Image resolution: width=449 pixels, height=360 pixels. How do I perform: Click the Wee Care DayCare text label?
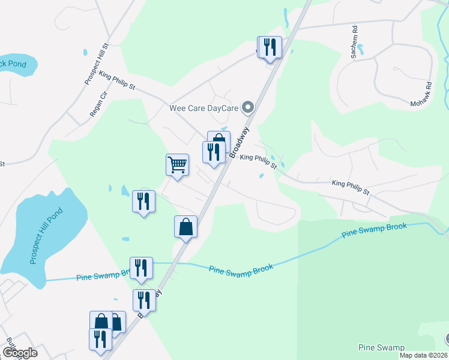(x=203, y=109)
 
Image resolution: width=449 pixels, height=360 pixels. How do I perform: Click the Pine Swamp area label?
(x=381, y=347)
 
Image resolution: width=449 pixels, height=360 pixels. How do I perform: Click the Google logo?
(x=19, y=353)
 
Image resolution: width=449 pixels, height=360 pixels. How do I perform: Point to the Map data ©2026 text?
(x=423, y=355)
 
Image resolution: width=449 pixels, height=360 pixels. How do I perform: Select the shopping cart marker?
(x=177, y=164)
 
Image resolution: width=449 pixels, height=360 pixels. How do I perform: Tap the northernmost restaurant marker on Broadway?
(x=270, y=47)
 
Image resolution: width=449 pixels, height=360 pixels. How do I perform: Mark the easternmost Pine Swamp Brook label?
(x=374, y=230)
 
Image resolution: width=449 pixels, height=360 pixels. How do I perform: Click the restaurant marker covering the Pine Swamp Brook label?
(x=141, y=268)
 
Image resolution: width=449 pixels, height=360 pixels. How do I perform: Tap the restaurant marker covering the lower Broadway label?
(x=144, y=300)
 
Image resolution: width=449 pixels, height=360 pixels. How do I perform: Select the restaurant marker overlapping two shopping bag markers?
(x=100, y=338)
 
